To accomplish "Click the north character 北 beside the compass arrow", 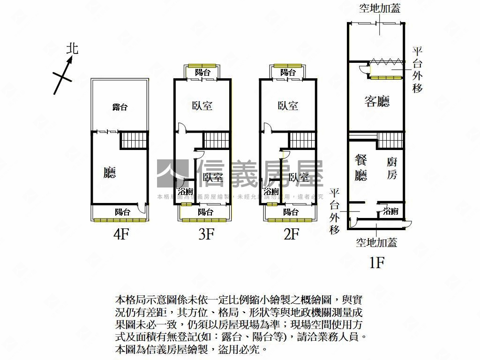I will click(x=72, y=49).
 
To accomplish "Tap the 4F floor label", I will click(x=121, y=234).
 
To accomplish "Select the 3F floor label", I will click(x=206, y=234).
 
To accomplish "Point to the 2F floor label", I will click(x=291, y=234).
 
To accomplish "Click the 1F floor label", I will click(x=377, y=262).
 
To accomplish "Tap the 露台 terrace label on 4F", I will click(x=120, y=107).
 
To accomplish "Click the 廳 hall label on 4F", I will click(x=110, y=173).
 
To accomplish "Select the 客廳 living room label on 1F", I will click(x=377, y=101).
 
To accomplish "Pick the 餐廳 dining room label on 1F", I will click(x=361, y=167).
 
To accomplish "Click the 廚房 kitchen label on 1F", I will click(x=392, y=168).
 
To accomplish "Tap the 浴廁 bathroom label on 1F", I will click(x=391, y=211).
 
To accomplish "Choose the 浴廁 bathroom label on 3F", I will click(x=185, y=192).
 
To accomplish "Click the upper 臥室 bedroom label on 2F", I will click(x=288, y=106).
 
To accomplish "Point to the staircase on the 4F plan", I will click(x=135, y=140).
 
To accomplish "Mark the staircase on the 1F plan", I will click(x=390, y=140).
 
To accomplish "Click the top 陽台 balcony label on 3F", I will click(x=202, y=73).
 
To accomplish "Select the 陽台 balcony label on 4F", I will click(x=123, y=212).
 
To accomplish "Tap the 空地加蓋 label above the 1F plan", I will click(x=380, y=8).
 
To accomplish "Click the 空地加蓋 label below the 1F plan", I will click(x=376, y=242).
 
